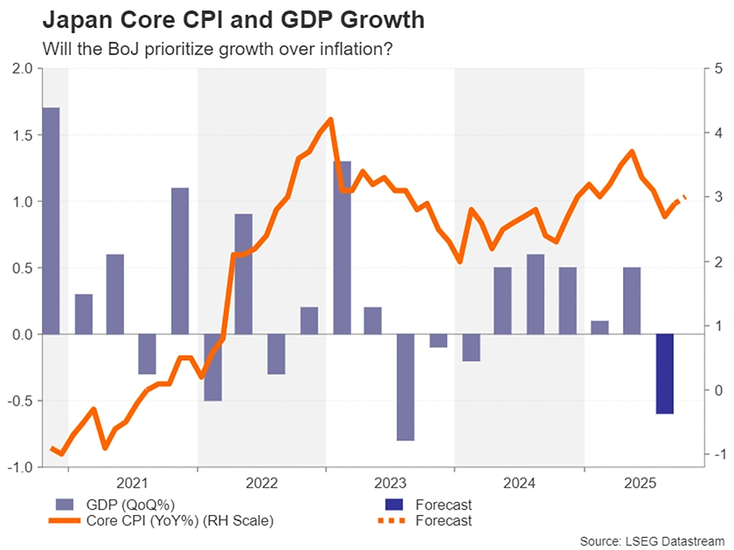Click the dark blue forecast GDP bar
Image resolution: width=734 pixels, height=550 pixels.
click(x=665, y=374)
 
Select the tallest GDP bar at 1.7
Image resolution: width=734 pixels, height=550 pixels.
click(x=52, y=220)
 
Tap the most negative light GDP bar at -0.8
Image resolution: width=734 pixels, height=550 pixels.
click(x=405, y=387)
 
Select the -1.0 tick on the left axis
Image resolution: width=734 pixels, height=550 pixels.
click(x=18, y=468)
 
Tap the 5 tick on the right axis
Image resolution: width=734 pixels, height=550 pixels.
click(x=718, y=68)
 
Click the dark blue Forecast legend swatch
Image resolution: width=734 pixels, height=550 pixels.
click(x=396, y=505)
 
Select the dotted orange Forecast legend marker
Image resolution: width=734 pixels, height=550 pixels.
click(x=396, y=521)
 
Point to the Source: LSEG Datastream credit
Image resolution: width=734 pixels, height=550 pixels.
click(x=653, y=541)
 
